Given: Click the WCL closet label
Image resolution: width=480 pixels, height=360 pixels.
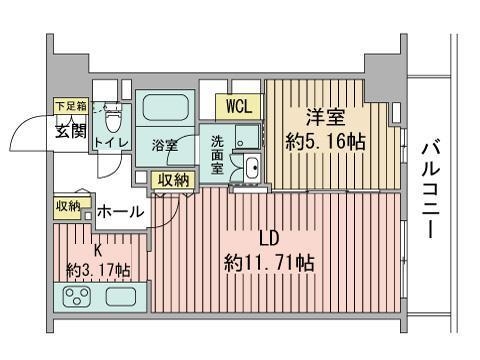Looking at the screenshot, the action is (238, 107).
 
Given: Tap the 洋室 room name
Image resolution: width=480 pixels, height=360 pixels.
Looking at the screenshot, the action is (325, 117).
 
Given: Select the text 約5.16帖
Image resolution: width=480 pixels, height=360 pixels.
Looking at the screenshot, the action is (325, 142).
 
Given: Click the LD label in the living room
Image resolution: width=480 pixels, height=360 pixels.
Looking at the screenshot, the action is (269, 239).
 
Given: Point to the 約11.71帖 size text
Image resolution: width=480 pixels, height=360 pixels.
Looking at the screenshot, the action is (269, 263).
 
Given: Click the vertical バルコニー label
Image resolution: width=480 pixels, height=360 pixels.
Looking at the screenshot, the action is (431, 190).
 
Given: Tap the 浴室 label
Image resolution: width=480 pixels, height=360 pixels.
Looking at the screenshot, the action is (165, 145).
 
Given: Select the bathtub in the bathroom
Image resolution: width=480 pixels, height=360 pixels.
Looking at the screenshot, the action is (165, 107).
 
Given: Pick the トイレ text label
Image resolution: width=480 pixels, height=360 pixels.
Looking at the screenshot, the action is (111, 143).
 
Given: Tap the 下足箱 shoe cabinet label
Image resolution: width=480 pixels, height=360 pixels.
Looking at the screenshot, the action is (71, 106).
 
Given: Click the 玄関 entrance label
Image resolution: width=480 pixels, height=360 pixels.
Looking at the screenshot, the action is (71, 131).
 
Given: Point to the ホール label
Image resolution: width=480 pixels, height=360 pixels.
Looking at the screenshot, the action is (120, 212).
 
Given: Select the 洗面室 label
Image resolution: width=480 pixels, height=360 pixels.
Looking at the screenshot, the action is (217, 155).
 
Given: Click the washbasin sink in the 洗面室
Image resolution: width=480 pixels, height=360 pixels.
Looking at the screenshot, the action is (252, 168).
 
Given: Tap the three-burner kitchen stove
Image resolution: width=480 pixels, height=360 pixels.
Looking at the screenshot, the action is (78, 297).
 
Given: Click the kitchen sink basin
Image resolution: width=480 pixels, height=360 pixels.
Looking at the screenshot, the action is (121, 297).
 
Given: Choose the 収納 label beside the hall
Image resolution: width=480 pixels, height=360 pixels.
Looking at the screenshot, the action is (68, 207).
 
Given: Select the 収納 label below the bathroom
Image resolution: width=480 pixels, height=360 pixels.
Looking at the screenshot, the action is (173, 180).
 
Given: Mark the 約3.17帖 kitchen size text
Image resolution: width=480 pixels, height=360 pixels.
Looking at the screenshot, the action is (99, 269).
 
